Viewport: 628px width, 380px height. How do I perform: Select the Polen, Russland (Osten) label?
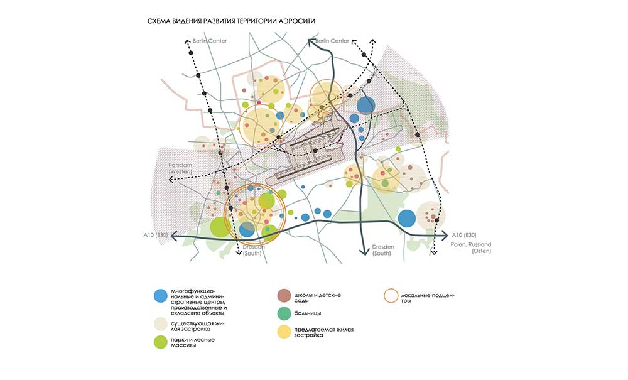click(x=470, y=247)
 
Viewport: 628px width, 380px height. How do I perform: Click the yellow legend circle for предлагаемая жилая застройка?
click(x=284, y=331)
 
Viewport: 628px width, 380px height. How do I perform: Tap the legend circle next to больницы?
click(x=284, y=313)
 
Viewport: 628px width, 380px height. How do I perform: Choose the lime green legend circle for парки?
click(x=161, y=343)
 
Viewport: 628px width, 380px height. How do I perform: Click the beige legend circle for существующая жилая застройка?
click(x=161, y=324)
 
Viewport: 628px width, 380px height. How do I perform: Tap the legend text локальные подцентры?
click(x=431, y=298)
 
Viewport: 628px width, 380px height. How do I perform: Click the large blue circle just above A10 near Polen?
click(x=407, y=219)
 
